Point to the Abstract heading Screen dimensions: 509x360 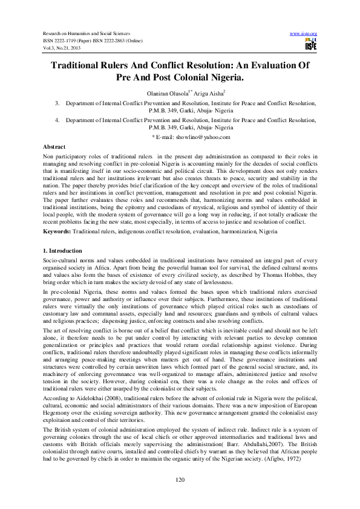pos(54,148)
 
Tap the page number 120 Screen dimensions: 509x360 pos(180,479)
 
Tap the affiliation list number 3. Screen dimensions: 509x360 pos(56,104)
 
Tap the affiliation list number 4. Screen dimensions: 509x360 pos(56,121)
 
